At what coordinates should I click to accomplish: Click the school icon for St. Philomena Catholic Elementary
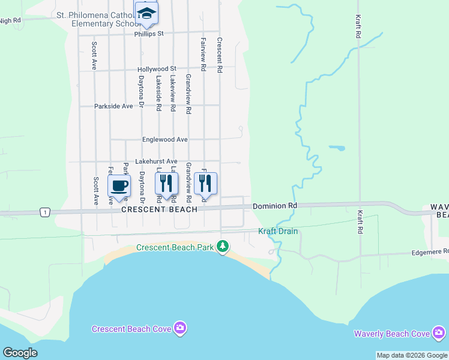tap(146, 13)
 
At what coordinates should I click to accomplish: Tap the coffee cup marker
tap(119, 185)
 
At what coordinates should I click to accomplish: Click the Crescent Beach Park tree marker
tap(223, 246)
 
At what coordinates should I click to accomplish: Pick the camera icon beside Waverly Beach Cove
tap(439, 332)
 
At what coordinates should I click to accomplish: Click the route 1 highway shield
tap(44, 212)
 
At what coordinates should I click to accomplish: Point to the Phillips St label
tap(149, 34)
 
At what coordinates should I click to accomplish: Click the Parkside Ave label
tap(113, 106)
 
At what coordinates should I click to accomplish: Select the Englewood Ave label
tap(164, 140)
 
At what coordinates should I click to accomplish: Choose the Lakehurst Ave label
tap(156, 161)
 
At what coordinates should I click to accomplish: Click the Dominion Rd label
tap(275, 206)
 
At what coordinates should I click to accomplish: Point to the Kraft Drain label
tap(278, 231)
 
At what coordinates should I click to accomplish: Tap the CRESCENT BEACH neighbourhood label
tap(159, 209)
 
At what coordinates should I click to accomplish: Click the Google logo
tap(20, 353)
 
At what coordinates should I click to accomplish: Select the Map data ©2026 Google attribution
tap(412, 355)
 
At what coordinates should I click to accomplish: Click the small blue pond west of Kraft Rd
tap(337, 148)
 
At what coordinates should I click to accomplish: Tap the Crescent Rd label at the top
tap(220, 56)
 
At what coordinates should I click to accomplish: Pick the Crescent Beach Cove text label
tap(131, 328)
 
